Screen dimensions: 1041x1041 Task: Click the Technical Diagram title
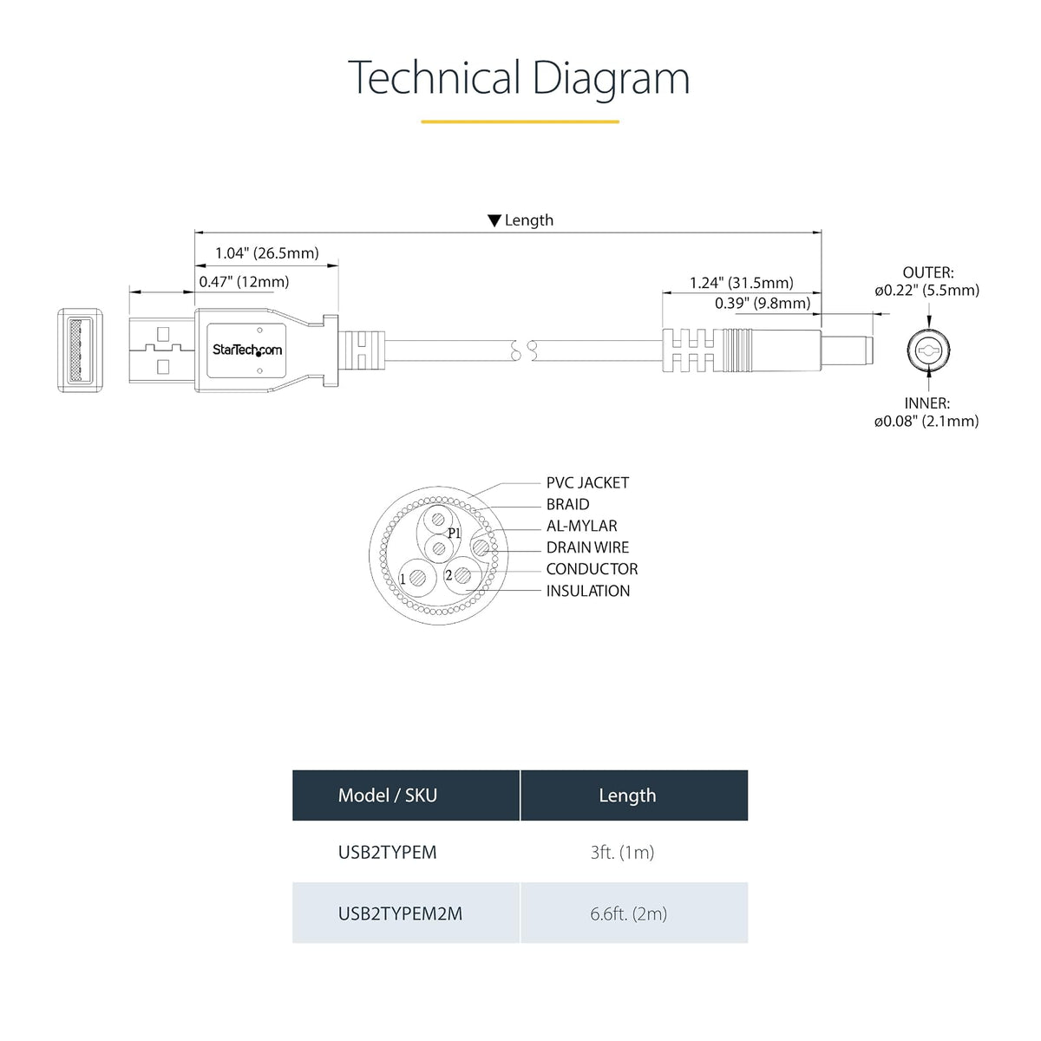click(519, 79)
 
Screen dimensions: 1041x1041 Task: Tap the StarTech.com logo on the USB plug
click(247, 350)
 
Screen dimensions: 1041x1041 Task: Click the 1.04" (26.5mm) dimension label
click(267, 253)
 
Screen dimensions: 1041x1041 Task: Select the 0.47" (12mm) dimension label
click(244, 282)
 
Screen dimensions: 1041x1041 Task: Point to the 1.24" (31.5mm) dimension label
click(741, 283)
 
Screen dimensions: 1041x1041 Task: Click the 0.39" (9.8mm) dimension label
click(763, 303)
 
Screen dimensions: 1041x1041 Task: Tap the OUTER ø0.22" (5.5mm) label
click(927, 281)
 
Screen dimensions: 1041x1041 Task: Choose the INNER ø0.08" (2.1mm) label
click(926, 412)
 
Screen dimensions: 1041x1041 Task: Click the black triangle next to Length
click(494, 220)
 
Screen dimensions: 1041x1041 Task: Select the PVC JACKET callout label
click(587, 483)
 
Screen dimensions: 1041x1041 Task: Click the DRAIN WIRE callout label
click(587, 547)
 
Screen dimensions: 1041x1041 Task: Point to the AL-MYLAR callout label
click(581, 527)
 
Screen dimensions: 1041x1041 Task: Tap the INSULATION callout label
click(588, 591)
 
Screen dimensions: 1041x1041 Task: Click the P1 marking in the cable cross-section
click(454, 534)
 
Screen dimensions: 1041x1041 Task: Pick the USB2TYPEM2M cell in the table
click(400, 913)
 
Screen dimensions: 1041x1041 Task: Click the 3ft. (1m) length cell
click(622, 853)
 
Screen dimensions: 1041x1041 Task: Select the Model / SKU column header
click(387, 795)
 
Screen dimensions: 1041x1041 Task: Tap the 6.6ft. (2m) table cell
click(628, 914)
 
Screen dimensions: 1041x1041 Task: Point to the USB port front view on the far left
click(80, 350)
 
